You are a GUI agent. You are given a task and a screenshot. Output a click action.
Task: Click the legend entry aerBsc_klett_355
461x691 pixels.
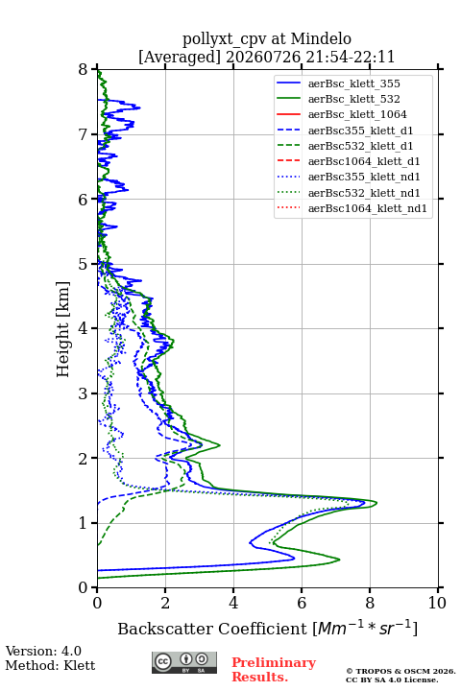point(353,83)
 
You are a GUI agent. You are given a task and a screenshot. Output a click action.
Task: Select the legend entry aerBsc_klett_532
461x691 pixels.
point(353,99)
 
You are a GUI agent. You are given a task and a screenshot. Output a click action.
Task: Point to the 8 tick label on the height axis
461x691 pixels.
point(84,70)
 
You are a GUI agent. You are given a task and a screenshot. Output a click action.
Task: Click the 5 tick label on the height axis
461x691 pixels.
point(84,265)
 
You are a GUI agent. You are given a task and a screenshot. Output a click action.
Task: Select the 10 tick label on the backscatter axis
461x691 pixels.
point(437,603)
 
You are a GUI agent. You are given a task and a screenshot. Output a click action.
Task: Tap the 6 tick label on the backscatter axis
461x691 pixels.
point(302,603)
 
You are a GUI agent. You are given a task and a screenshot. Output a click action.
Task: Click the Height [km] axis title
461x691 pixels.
point(63,329)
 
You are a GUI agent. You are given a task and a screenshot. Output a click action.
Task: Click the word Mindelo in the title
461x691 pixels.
point(321,38)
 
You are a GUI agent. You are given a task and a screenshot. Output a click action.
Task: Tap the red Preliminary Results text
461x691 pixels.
point(274,670)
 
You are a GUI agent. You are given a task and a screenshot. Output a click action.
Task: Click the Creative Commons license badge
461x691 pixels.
point(184,663)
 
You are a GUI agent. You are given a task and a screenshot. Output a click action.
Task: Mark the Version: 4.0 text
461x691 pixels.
point(43,651)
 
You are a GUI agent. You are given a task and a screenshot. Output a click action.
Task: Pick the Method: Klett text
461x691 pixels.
point(50,665)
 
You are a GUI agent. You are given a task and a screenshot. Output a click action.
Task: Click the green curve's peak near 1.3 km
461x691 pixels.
point(376,503)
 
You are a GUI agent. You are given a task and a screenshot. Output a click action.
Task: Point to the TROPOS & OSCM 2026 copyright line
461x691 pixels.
point(400,671)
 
